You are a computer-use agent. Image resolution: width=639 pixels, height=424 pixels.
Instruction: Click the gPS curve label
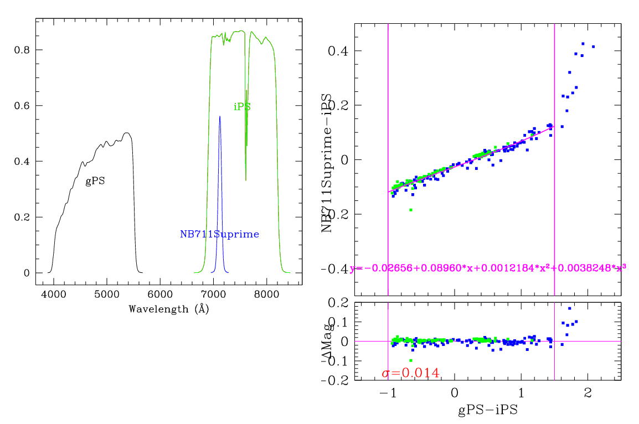point(95,182)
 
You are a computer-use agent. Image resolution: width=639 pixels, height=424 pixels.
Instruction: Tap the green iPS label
point(242,107)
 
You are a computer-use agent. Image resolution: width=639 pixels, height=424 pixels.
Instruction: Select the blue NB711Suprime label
point(219,234)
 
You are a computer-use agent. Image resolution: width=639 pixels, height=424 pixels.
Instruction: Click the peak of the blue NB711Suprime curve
point(220,117)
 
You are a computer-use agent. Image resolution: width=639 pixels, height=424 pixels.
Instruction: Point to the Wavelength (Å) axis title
point(168,309)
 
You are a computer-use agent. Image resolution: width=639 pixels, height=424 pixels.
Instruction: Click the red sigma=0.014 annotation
point(410,373)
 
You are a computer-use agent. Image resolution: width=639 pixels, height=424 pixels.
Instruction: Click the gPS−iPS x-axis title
point(487,411)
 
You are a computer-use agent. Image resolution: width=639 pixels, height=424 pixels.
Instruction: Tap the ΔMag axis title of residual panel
point(327,341)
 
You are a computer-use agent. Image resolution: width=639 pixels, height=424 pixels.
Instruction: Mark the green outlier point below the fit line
point(410,210)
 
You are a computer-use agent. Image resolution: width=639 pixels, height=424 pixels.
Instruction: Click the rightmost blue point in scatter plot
point(593,46)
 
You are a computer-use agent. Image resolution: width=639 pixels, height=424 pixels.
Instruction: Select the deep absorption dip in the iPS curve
point(246,178)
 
